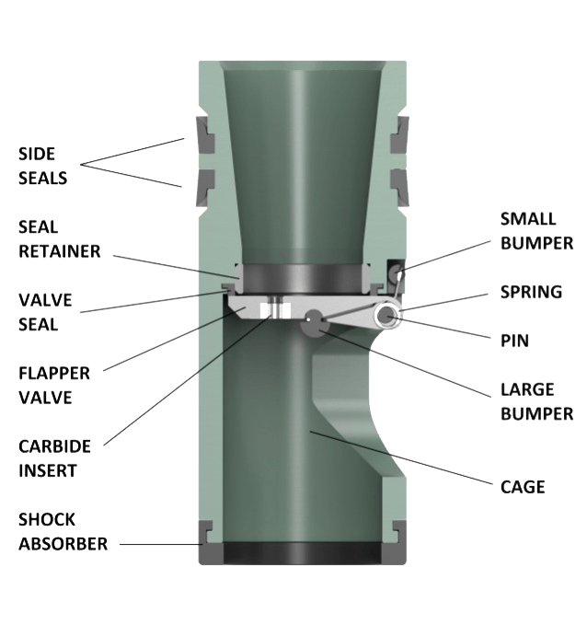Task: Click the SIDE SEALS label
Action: (x=42, y=166)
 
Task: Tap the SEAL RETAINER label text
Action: (x=60, y=239)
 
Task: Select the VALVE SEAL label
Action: (x=45, y=312)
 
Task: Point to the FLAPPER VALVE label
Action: (x=54, y=386)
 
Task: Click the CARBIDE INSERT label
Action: (x=54, y=458)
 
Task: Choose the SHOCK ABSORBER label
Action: (x=63, y=532)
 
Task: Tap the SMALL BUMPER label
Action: (x=536, y=231)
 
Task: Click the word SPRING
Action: (x=531, y=292)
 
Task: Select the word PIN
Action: (x=514, y=341)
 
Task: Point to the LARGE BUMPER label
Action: (x=536, y=401)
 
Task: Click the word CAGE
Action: (x=523, y=487)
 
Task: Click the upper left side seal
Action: (x=205, y=134)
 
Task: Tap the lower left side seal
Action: (x=205, y=188)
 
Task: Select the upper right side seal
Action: (x=399, y=134)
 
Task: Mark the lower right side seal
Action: (x=399, y=188)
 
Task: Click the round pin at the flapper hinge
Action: (x=386, y=316)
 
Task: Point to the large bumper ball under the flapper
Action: (x=315, y=322)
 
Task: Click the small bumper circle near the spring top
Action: (x=396, y=273)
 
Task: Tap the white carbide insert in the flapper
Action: (x=274, y=310)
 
